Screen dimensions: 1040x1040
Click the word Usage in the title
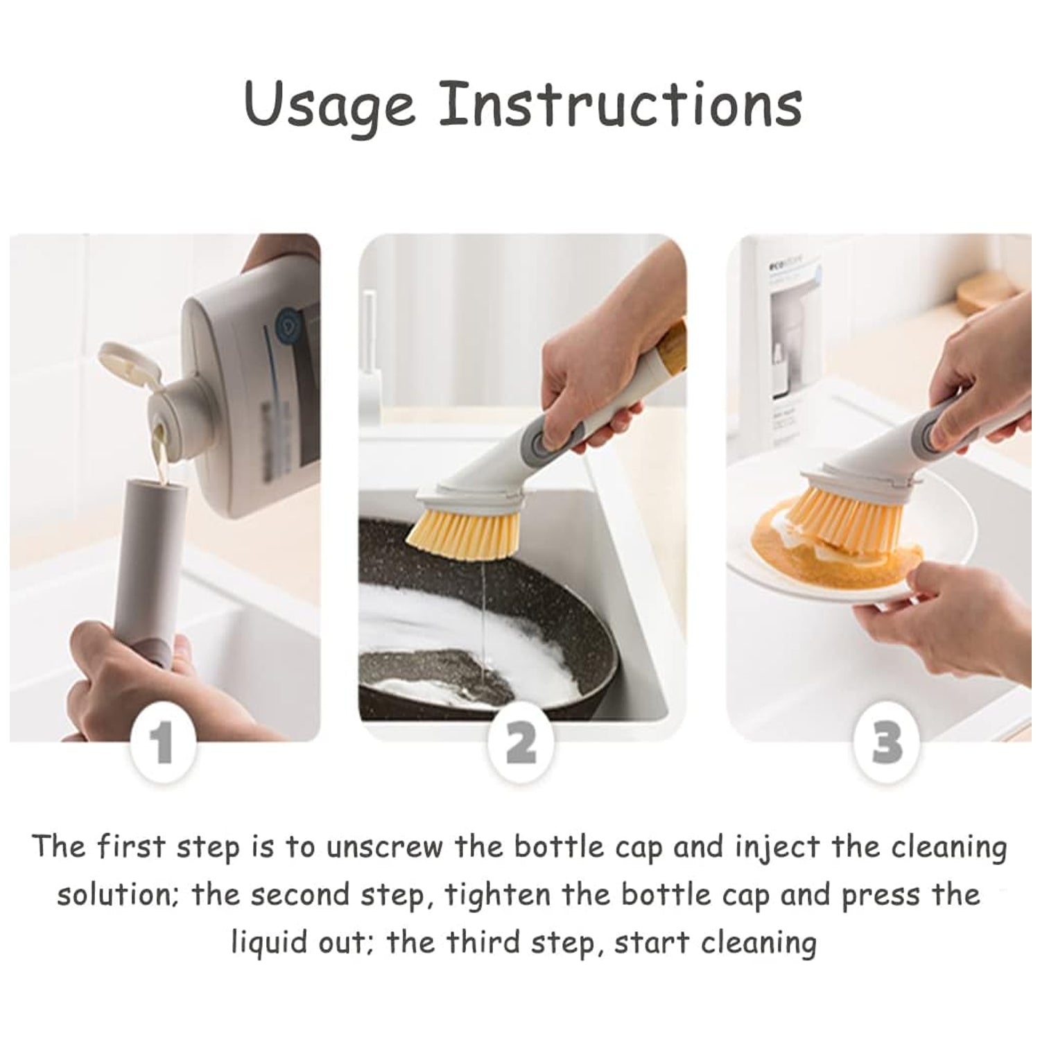[x=329, y=105]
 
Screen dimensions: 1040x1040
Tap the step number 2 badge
[x=521, y=743]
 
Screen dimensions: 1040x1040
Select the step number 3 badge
[x=887, y=743]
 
